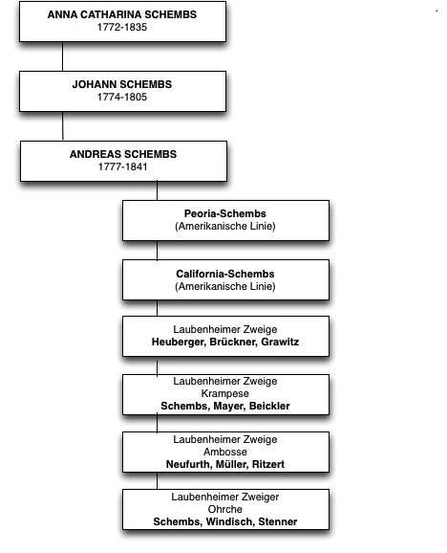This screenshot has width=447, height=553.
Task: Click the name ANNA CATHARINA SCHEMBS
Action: [x=122, y=14]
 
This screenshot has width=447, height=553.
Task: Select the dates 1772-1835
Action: [x=122, y=27]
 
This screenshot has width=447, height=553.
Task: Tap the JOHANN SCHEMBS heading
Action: [x=122, y=84]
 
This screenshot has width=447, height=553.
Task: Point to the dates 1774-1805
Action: [x=122, y=97]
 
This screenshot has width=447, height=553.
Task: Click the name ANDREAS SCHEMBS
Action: [x=123, y=154]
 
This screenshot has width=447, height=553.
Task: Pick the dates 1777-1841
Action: [x=123, y=166]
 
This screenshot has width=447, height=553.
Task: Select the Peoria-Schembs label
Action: [x=225, y=213]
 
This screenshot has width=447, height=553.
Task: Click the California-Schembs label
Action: [x=225, y=274]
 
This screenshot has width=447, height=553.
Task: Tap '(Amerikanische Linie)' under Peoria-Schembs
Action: [x=225, y=226]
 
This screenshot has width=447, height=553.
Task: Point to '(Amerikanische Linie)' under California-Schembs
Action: [x=225, y=286]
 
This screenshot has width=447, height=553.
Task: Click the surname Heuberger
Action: [x=179, y=342]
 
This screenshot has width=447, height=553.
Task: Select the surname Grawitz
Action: [x=280, y=342]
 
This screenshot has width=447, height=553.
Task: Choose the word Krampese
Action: [x=225, y=393]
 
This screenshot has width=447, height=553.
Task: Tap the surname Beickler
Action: [x=269, y=406]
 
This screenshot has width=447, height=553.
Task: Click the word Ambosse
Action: [x=225, y=452]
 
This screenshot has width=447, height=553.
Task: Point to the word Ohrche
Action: [x=225, y=509]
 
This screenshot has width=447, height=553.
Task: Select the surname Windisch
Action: [x=230, y=521]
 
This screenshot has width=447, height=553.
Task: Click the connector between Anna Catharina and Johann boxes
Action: [x=63, y=56]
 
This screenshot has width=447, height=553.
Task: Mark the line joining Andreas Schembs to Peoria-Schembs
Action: [x=157, y=190]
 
